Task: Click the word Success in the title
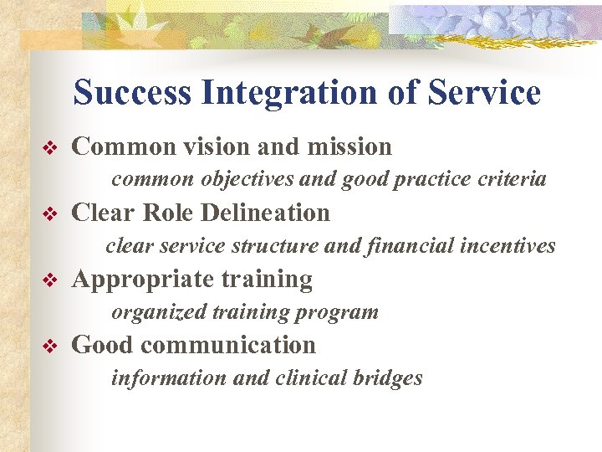[x=132, y=93]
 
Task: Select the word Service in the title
[x=485, y=93]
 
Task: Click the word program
[x=343, y=313]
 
